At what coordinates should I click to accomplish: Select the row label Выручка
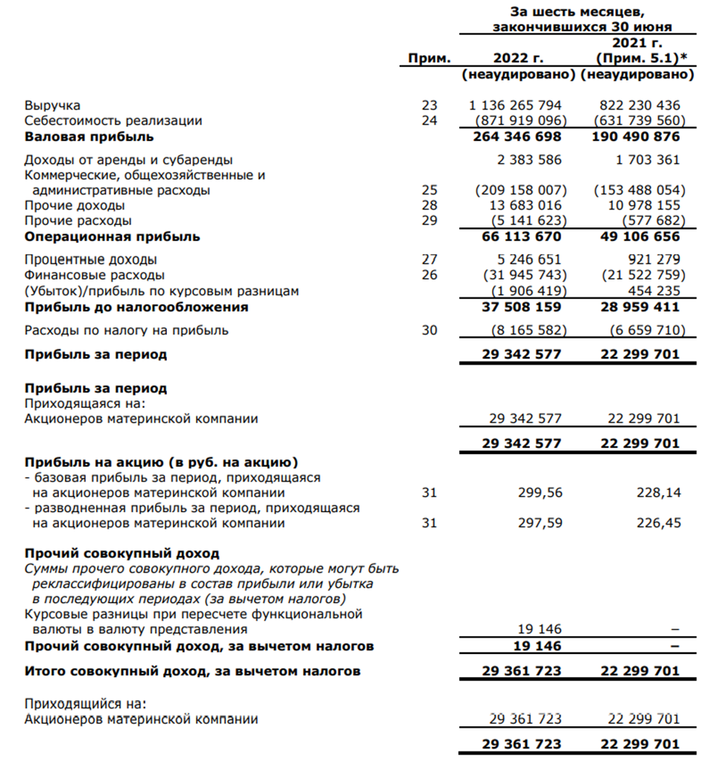[x=52, y=105]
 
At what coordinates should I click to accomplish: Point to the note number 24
[x=429, y=121]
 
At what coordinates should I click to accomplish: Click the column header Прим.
[x=430, y=58]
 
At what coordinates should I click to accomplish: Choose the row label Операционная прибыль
[x=112, y=236]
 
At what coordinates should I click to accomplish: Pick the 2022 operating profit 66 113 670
[x=521, y=236]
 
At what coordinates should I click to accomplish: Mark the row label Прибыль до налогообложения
[x=136, y=306]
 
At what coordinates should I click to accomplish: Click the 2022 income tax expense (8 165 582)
[x=525, y=330]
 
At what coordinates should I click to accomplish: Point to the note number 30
[x=429, y=330]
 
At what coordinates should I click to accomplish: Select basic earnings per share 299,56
[x=540, y=493]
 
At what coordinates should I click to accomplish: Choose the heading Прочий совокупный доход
[x=121, y=553]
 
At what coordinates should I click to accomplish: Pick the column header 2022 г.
[x=520, y=58]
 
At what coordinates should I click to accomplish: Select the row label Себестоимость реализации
[x=113, y=121]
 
